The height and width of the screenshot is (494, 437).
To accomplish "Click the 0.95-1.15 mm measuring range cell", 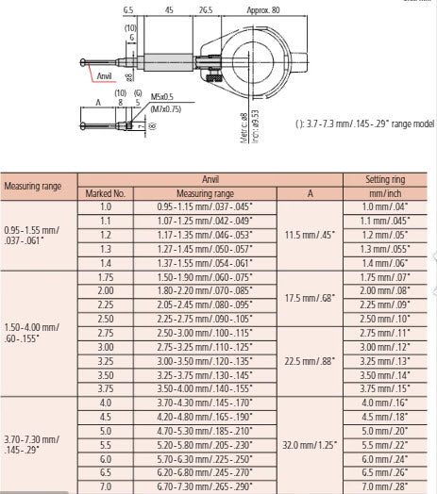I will [x=206, y=206].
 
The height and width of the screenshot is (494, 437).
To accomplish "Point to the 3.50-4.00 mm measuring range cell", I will [x=206, y=387].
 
